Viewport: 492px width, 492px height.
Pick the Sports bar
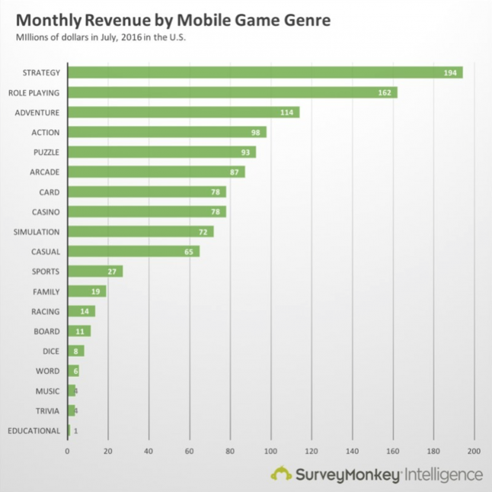pyautogui.click(x=94, y=271)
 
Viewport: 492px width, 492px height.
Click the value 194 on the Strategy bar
pyautogui.click(x=450, y=72)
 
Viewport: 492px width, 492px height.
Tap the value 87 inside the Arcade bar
pyautogui.click(x=234, y=172)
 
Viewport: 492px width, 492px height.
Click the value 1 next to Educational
pyautogui.click(x=75, y=431)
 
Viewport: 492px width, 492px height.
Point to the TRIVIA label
pyautogui.click(x=47, y=410)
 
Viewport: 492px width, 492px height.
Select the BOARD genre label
pyautogui.click(x=47, y=331)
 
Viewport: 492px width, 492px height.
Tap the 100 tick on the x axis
pyautogui.click(x=270, y=451)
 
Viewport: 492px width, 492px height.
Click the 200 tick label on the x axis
pyautogui.click(x=474, y=451)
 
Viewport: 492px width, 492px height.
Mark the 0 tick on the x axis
pyautogui.click(x=68, y=451)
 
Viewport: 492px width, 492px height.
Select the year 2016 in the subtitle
pyautogui.click(x=128, y=38)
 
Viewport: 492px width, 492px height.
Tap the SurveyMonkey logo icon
pyautogui.click(x=281, y=474)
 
